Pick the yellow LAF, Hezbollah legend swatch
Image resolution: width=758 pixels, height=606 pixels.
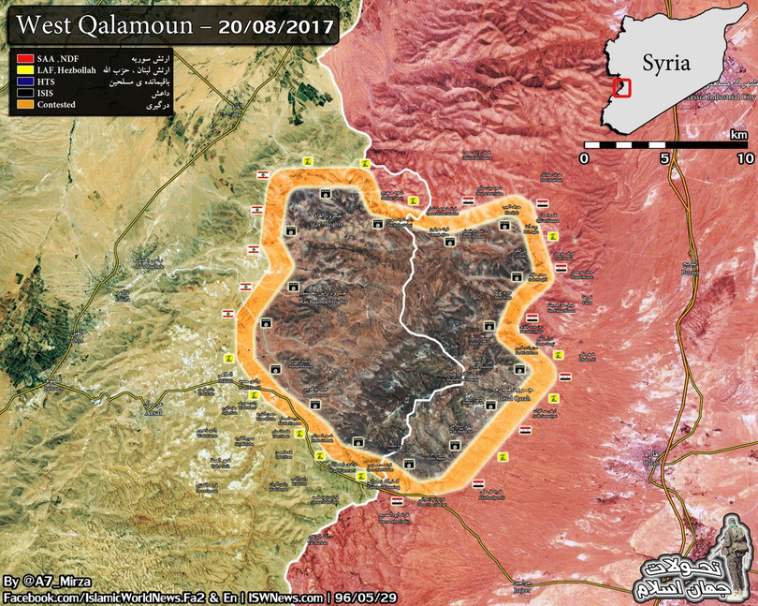click(22, 70)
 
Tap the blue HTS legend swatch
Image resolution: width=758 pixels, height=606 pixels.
click(22, 81)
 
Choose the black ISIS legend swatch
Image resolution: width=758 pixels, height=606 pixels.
click(22, 93)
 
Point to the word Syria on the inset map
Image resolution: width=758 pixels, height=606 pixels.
click(665, 63)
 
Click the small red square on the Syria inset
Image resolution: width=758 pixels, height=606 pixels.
click(622, 88)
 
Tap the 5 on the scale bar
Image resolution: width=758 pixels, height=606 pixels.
click(665, 159)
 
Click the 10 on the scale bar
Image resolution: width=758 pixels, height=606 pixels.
click(745, 159)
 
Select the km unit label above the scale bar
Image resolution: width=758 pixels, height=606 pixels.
click(739, 135)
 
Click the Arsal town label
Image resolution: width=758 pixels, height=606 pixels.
click(153, 412)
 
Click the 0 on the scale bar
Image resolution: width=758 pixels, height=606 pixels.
click(585, 159)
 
